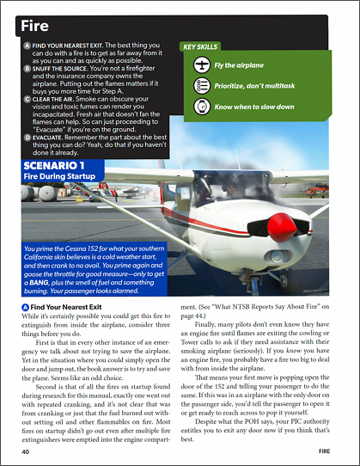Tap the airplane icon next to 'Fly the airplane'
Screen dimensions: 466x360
point(201,65)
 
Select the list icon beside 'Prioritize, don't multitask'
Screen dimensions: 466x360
point(201,85)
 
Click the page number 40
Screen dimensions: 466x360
point(26,451)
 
